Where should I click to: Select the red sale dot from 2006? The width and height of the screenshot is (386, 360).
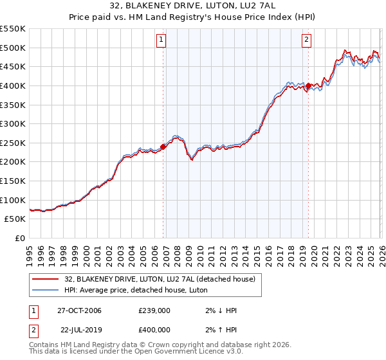(x=163, y=147)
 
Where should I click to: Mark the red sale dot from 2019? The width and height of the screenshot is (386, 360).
(x=308, y=85)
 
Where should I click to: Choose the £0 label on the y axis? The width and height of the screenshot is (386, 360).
(x=19, y=238)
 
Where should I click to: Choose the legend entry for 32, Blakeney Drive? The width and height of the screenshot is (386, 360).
(x=160, y=279)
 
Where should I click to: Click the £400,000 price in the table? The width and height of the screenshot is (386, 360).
(x=154, y=329)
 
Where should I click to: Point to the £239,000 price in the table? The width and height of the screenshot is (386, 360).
(x=154, y=310)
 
